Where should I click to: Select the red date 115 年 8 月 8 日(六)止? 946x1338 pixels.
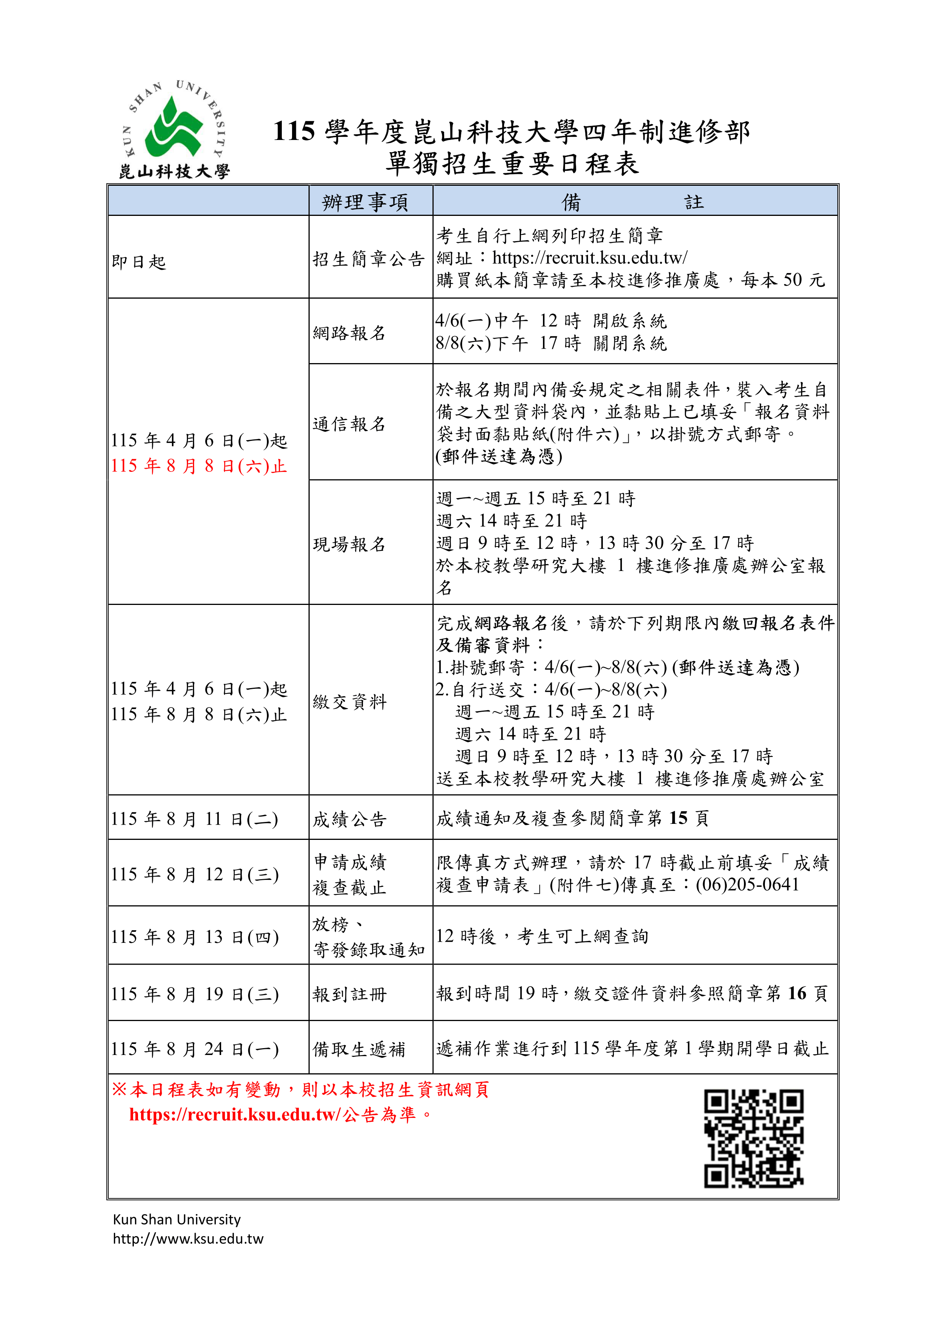(199, 466)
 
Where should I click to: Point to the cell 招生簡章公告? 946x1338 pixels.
(368, 259)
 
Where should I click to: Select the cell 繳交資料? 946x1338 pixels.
(350, 702)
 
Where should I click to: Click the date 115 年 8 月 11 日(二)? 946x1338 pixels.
(194, 819)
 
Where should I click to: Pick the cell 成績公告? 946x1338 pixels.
(350, 819)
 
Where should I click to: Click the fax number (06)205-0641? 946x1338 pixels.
(747, 884)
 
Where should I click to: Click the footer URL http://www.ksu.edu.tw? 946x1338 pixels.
(188, 1239)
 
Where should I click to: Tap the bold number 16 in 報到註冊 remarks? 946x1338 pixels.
(797, 993)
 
